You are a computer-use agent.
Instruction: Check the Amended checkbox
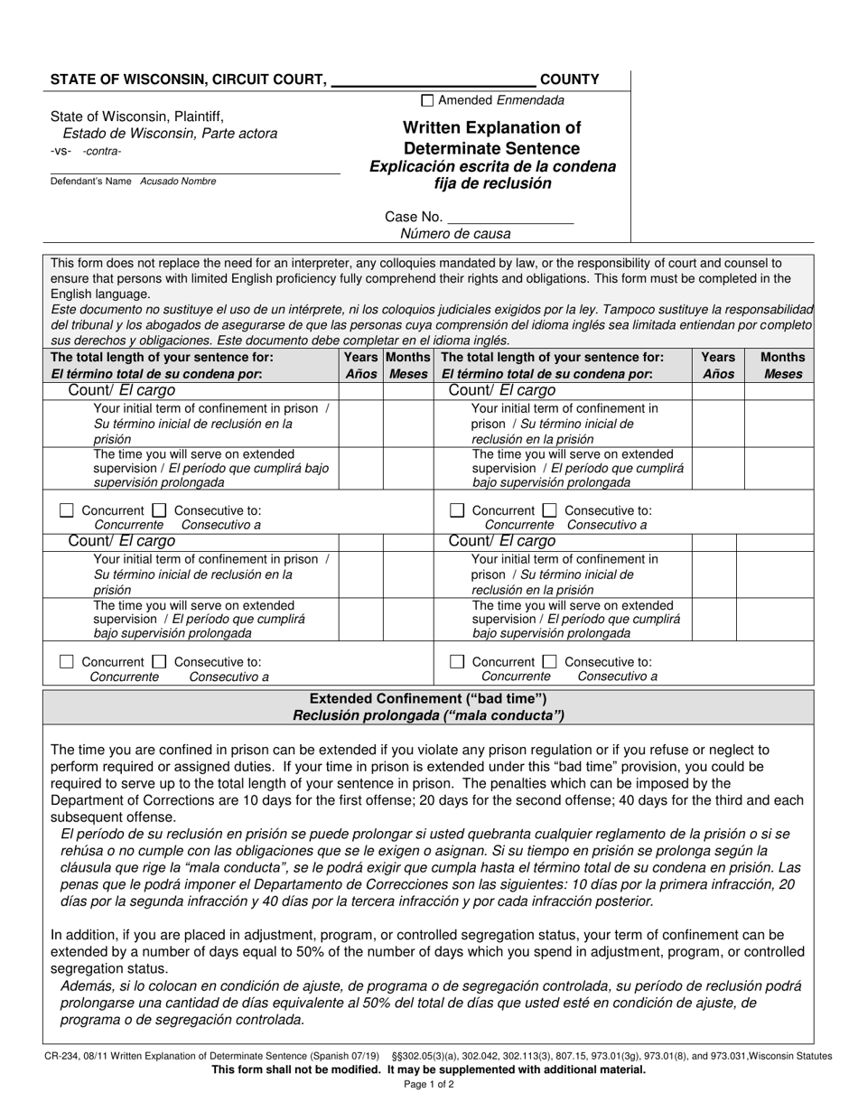pos(428,101)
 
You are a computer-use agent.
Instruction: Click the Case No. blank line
pos(510,218)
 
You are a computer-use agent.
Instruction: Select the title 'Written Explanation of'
pos(492,127)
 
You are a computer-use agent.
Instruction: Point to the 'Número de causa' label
pos(456,234)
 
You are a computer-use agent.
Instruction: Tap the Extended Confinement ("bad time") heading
pos(428,699)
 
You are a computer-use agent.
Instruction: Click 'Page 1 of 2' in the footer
pos(429,1085)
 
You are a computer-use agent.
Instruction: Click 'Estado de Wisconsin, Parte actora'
pos(176,134)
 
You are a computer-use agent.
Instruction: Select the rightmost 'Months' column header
pos(782,358)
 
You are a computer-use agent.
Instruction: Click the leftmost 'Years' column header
pos(361,358)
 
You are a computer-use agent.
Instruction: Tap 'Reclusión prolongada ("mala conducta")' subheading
pos(428,716)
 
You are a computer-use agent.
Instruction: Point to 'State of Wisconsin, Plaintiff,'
pos(137,117)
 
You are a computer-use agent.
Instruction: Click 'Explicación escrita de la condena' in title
pos(492,167)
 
